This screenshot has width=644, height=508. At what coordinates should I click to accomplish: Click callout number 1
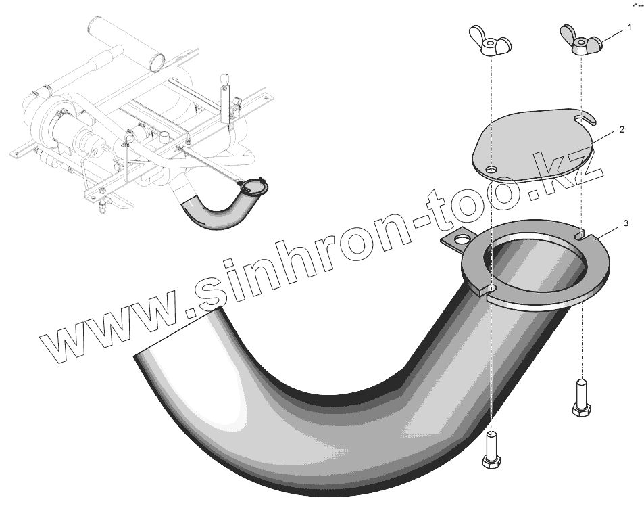pyautogui.click(x=630, y=28)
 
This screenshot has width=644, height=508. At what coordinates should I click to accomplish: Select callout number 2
pyautogui.click(x=621, y=128)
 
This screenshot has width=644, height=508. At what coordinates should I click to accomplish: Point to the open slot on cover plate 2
pyautogui.click(x=585, y=120)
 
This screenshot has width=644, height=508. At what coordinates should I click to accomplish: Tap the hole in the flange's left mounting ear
pyautogui.click(x=462, y=239)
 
